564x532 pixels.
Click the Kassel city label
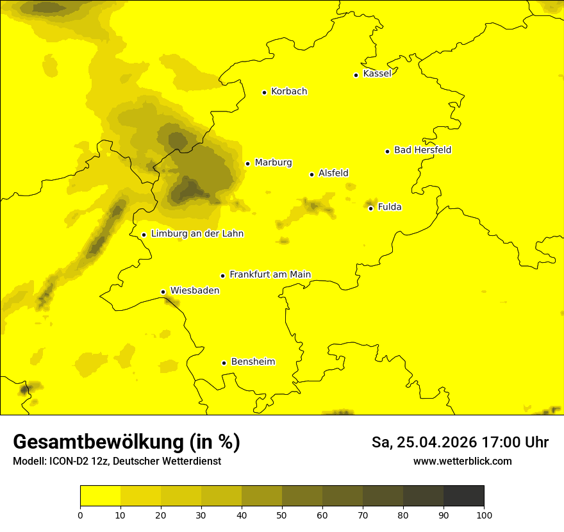click(377, 74)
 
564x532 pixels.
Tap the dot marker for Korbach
click(264, 92)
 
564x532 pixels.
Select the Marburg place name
click(273, 163)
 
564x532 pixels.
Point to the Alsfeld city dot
click(312, 174)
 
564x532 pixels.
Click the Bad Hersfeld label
click(422, 150)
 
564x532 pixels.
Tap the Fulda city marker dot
click(370, 208)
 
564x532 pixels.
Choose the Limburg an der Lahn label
click(197, 234)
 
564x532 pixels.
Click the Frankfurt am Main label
click(270, 275)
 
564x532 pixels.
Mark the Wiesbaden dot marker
click(163, 292)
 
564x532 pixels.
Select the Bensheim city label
click(253, 362)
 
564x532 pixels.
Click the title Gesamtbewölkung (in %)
click(126, 442)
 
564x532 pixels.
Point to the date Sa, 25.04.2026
click(423, 442)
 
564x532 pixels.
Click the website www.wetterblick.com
click(463, 461)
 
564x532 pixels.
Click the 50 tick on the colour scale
click(282, 514)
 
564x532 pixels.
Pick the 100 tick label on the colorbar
click(484, 514)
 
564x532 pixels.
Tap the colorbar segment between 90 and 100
click(463, 496)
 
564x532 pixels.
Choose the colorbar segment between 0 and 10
click(100, 496)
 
